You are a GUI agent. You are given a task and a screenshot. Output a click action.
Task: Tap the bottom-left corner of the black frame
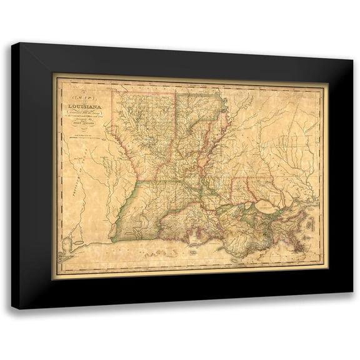[12, 308]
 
